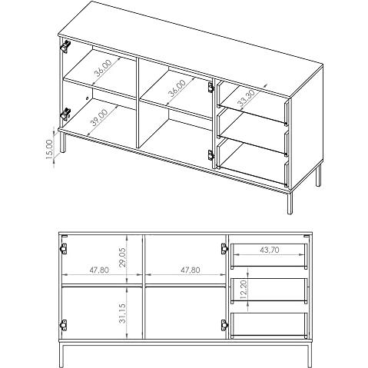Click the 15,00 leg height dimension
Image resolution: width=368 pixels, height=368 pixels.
point(50,149)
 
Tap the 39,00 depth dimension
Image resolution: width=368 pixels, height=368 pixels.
point(99,118)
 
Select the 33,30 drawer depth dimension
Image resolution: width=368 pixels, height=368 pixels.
point(246,98)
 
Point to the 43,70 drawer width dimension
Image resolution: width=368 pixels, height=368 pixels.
point(270,250)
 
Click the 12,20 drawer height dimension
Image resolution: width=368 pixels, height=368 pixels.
point(244,290)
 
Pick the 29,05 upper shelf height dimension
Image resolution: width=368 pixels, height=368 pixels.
point(123,257)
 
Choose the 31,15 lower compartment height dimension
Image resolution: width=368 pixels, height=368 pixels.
point(123,313)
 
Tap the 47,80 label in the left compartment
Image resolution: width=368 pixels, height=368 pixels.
point(99,270)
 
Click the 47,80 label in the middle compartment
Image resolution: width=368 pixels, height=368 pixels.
point(191,270)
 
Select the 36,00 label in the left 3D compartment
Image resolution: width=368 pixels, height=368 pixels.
point(103,68)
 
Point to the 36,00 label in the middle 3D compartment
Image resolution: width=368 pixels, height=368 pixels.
point(177,88)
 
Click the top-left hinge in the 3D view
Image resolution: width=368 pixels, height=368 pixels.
point(65,46)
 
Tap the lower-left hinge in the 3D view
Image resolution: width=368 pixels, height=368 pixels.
point(65,114)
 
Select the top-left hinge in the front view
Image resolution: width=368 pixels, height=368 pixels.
point(63,249)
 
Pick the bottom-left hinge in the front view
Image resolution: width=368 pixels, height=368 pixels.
point(63,325)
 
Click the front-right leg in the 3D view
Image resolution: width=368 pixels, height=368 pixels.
point(290,203)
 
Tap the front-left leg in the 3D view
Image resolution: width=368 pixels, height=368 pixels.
point(63,143)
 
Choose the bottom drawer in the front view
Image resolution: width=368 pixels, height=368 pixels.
point(269,325)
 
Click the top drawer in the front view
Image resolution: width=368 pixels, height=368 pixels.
point(269,256)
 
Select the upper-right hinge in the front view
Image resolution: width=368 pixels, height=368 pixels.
point(224,249)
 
